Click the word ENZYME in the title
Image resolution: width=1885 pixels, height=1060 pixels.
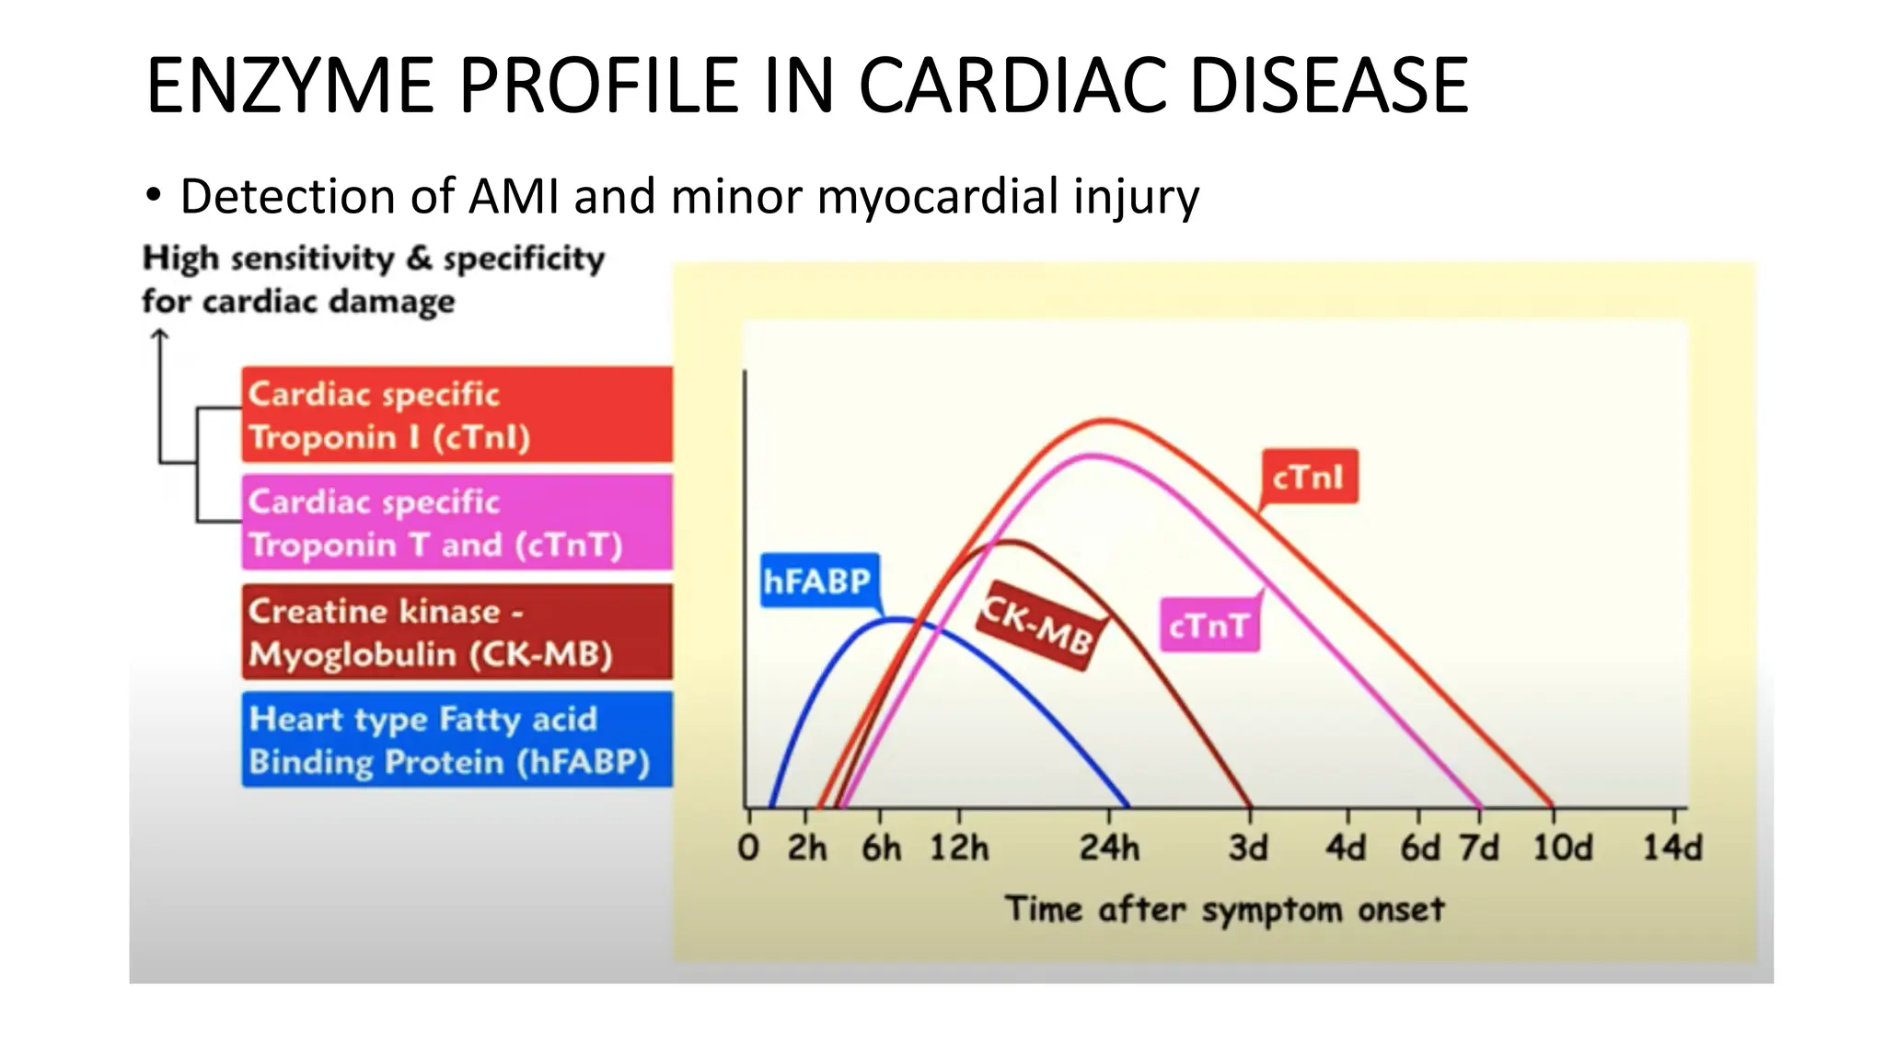click(x=289, y=86)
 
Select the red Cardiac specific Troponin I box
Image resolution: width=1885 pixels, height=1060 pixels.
click(x=457, y=415)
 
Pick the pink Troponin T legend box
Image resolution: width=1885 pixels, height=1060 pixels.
click(x=457, y=523)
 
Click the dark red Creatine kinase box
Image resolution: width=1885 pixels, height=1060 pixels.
click(x=457, y=632)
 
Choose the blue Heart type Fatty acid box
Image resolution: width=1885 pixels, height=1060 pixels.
click(x=457, y=740)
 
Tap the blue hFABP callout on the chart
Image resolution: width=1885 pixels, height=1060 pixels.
click(x=818, y=581)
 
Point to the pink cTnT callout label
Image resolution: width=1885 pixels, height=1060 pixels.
click(x=1208, y=626)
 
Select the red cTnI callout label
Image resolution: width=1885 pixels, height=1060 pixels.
click(x=1308, y=477)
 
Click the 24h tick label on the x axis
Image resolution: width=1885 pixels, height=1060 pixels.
click(x=1109, y=847)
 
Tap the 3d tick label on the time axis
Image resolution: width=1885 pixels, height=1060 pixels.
click(x=1248, y=847)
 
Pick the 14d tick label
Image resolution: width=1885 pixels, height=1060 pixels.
click(x=1672, y=847)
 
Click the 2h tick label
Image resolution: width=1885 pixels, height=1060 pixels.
click(x=806, y=847)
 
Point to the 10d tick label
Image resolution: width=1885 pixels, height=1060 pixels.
click(x=1562, y=847)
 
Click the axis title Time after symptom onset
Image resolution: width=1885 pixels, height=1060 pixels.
click(x=1224, y=909)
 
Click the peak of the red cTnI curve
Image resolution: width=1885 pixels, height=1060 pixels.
click(x=1107, y=421)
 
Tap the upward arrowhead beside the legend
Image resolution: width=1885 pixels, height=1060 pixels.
click(x=160, y=336)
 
